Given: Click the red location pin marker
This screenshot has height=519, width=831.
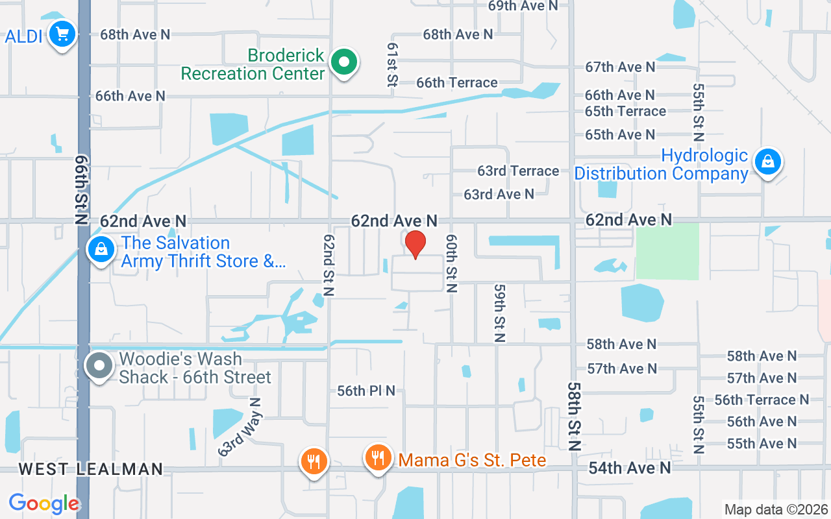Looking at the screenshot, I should tap(415, 245).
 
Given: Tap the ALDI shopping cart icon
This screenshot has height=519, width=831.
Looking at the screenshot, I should tap(62, 34).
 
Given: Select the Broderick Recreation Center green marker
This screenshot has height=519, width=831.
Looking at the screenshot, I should tap(345, 63).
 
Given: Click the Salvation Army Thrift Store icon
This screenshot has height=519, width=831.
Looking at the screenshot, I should tap(101, 248).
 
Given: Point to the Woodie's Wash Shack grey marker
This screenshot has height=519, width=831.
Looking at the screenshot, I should tap(99, 367).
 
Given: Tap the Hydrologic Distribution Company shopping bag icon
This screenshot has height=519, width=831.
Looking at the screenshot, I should tap(767, 162).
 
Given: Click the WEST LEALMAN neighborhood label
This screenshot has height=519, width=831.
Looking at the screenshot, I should tap(91, 469).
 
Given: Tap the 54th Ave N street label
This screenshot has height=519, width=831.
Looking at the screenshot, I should tap(630, 468).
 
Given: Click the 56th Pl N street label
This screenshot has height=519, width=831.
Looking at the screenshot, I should tap(366, 391).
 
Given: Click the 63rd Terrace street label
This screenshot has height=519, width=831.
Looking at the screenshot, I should tap(518, 171).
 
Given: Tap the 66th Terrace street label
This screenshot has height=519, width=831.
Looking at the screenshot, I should tap(457, 82).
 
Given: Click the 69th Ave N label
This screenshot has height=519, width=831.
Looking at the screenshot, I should tap(523, 6).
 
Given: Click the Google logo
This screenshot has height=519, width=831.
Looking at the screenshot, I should tap(44, 503).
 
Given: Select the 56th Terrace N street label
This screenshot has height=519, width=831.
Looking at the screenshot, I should tap(762, 400).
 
